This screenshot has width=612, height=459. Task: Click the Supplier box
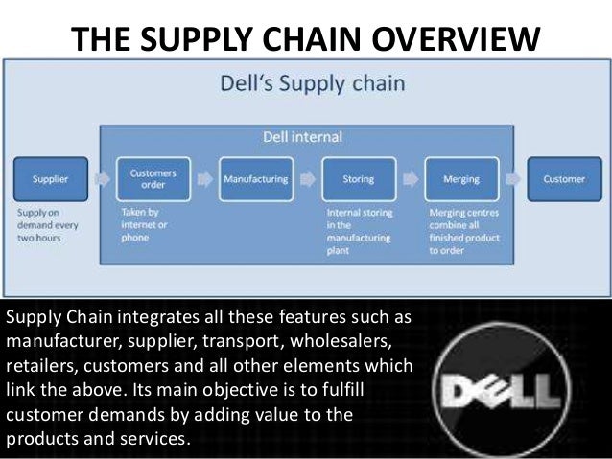(50, 178)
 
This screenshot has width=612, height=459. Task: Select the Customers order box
(152, 178)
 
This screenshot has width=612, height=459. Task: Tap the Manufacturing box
(255, 178)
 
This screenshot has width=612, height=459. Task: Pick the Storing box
(358, 178)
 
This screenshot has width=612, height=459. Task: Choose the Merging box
(461, 178)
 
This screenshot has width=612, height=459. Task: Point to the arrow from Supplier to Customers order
(101, 178)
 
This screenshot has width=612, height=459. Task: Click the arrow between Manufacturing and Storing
(307, 178)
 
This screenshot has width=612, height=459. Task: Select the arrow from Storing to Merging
(411, 178)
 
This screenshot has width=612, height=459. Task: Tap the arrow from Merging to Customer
(513, 178)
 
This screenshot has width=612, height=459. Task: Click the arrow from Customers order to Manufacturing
(203, 178)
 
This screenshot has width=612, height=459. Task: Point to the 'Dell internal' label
(303, 137)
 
